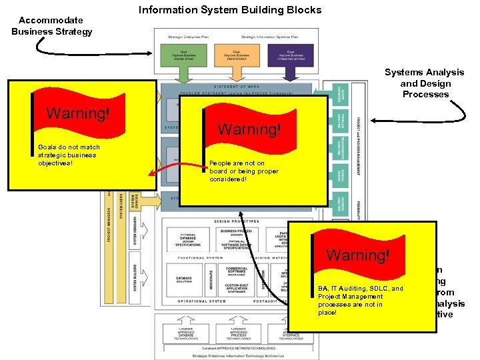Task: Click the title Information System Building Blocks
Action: click(230, 10)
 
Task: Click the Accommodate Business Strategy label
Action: click(51, 26)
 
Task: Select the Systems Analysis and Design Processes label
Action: click(425, 83)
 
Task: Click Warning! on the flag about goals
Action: click(77, 113)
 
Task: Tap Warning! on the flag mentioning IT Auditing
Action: click(358, 255)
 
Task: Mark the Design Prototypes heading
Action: click(236, 221)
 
